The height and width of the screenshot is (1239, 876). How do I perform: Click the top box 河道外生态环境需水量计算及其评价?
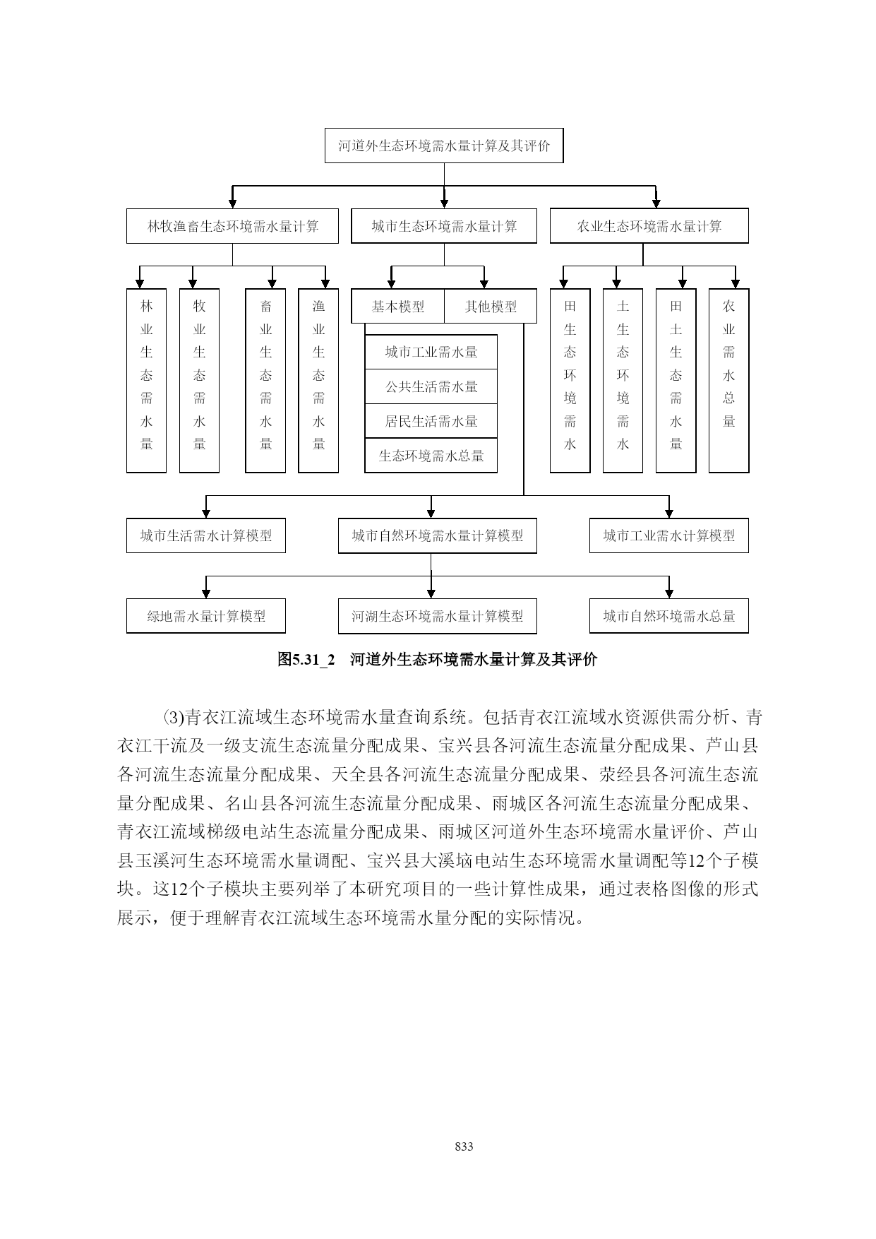[x=444, y=146]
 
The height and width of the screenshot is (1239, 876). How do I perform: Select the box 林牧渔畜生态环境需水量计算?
[x=232, y=226]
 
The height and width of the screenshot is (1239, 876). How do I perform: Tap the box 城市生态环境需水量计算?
[x=444, y=226]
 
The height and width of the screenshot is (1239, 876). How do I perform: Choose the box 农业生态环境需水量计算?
[x=649, y=226]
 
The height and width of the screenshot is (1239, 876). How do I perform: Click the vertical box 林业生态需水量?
[x=147, y=381]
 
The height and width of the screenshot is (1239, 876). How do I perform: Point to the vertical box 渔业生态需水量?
[x=318, y=381]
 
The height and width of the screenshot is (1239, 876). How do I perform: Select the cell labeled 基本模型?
[x=398, y=307]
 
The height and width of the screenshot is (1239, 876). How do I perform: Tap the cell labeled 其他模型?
[x=491, y=307]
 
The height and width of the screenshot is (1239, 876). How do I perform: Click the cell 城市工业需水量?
[x=431, y=352]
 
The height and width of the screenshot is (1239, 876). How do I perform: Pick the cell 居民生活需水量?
[x=431, y=421]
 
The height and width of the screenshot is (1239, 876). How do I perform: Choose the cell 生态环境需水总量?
[x=431, y=456]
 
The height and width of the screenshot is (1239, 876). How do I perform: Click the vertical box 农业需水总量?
[x=729, y=381]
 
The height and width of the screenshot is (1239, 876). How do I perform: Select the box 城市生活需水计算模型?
[x=206, y=535]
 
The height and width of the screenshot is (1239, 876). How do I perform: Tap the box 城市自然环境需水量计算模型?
[x=438, y=535]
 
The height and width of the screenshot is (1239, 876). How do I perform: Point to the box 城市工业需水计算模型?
[x=669, y=535]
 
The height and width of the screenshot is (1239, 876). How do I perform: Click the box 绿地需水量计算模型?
[x=206, y=616]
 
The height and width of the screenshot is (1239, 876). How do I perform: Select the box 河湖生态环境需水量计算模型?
[x=438, y=616]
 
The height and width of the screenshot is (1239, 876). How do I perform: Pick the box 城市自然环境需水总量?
[x=669, y=616]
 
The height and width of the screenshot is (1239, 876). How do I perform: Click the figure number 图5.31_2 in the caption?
[x=306, y=660]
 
